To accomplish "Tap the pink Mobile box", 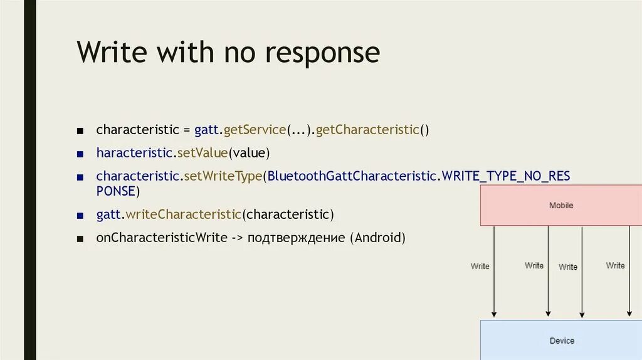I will coord(561,206).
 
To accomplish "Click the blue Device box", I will coord(561,341).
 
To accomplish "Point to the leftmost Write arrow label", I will coord(480,267).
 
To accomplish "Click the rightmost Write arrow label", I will coord(615,266).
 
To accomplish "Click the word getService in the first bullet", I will coord(255,130).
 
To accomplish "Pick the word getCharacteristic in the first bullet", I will coord(367,130).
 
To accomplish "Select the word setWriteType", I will coord(223,176).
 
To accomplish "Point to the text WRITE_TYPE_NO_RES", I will coord(506,176).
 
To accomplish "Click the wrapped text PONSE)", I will coord(118,191).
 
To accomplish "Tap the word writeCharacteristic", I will coord(183,214).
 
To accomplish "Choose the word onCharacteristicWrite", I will coord(161,238).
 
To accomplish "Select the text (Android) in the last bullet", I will coord(378,238).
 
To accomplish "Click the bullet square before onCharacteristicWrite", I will coord(80,239).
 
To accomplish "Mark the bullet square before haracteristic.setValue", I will coord(80,154).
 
